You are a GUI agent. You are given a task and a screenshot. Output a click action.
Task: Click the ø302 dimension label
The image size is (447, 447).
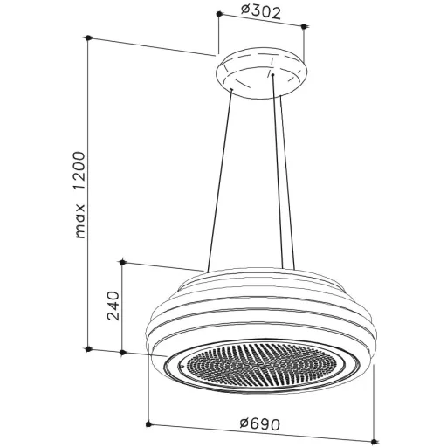(261, 12)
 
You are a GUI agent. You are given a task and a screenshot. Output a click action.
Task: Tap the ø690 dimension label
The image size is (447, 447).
(260, 423)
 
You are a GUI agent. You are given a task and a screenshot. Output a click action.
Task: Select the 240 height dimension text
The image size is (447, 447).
(113, 306)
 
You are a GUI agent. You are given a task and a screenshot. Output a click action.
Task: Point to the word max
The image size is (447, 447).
(80, 221)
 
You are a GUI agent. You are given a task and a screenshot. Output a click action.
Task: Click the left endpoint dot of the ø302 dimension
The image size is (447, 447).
(219, 14)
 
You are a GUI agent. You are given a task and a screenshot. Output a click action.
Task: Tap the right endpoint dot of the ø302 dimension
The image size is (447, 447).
(304, 27)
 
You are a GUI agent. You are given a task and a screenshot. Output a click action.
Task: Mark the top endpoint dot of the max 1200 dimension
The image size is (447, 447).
(89, 38)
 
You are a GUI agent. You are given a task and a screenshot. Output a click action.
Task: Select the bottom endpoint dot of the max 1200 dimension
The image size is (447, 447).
(89, 349)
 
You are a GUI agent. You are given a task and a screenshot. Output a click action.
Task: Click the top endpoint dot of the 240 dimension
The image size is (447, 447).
(122, 263)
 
